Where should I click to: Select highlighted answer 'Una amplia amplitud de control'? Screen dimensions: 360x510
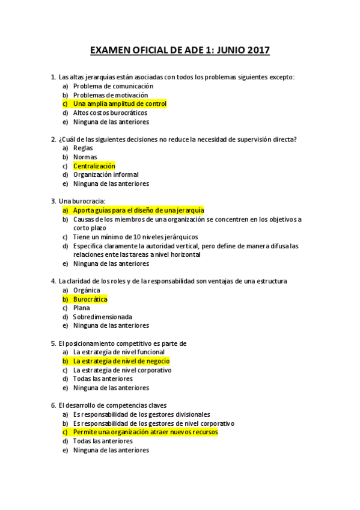(x=120, y=104)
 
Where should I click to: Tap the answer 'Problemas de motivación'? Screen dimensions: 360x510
(x=110, y=95)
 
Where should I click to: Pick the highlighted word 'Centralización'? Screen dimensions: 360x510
(x=94, y=166)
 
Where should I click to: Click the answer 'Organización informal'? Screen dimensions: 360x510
(x=105, y=175)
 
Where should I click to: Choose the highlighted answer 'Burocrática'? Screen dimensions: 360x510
(x=90, y=299)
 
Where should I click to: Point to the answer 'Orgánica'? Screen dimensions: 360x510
(x=87, y=290)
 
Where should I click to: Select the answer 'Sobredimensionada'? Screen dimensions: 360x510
(x=102, y=317)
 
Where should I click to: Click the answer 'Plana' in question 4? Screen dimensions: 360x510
(x=81, y=308)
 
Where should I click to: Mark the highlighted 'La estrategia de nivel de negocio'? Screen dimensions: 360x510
(x=121, y=361)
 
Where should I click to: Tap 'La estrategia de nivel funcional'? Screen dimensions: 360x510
(x=118, y=352)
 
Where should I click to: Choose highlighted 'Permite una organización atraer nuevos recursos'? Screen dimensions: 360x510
(x=145, y=432)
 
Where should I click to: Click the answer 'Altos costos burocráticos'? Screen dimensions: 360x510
(x=110, y=112)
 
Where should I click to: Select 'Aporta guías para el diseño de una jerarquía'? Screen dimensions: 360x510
(x=138, y=210)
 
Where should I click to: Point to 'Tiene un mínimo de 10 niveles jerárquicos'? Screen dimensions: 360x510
(x=135, y=237)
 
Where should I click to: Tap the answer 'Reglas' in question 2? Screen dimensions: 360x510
(x=83, y=148)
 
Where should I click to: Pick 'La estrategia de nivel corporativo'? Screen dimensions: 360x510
(x=122, y=370)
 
